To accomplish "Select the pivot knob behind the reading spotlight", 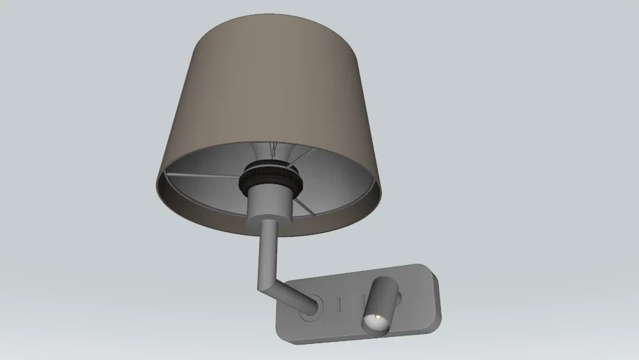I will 398,300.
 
